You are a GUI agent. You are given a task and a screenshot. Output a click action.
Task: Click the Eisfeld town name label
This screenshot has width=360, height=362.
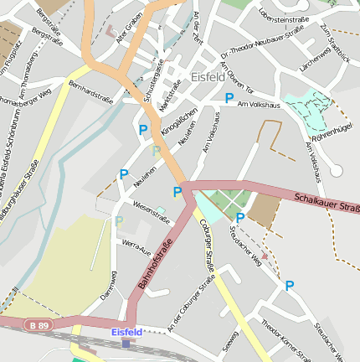(x=208, y=77)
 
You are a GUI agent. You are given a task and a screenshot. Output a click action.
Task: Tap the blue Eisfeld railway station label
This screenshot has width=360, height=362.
(x=127, y=332)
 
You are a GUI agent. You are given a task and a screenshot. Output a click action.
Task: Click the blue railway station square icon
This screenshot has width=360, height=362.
(x=126, y=343)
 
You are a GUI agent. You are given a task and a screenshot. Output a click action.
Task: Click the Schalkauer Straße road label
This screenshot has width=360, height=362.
(x=327, y=202)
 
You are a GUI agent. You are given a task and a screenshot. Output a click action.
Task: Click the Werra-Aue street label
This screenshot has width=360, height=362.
(x=136, y=246)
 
